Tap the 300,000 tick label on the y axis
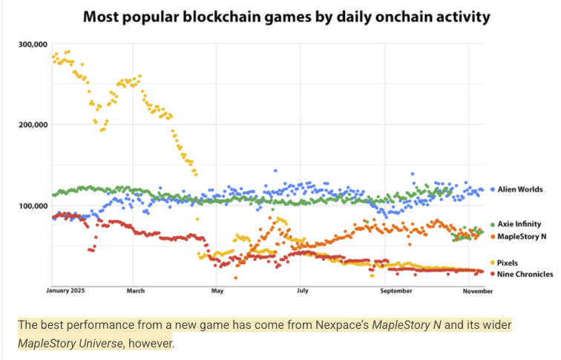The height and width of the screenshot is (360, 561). [33, 45]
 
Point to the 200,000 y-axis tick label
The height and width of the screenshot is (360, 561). [33, 125]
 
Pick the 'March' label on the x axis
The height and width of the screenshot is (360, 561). [135, 292]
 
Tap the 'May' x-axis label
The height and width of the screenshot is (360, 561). [217, 292]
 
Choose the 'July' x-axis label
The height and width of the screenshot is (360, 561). [301, 292]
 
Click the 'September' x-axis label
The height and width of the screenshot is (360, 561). [396, 292]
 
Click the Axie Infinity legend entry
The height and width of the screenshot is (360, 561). [525, 223]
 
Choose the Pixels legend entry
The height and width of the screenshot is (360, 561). [512, 263]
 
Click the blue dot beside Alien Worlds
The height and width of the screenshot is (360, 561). [493, 190]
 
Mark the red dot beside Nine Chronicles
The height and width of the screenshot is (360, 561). [493, 274]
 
